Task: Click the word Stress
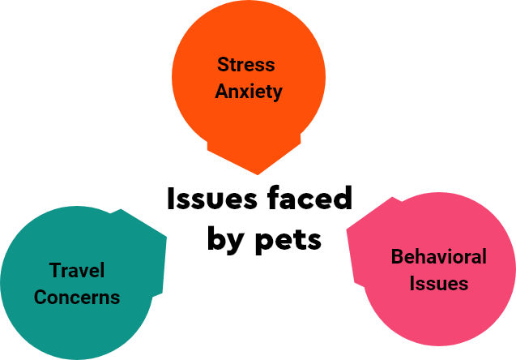click(x=246, y=65)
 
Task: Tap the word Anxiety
click(x=249, y=91)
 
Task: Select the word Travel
click(x=77, y=271)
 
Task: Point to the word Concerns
click(x=77, y=297)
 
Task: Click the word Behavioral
click(x=438, y=257)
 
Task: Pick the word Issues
click(x=438, y=284)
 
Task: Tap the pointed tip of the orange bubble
click(x=258, y=173)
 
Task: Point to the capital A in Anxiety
click(x=221, y=91)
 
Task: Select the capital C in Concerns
click(x=40, y=297)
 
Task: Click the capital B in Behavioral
click(x=397, y=257)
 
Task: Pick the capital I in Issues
click(x=412, y=284)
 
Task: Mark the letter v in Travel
click(x=83, y=272)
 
